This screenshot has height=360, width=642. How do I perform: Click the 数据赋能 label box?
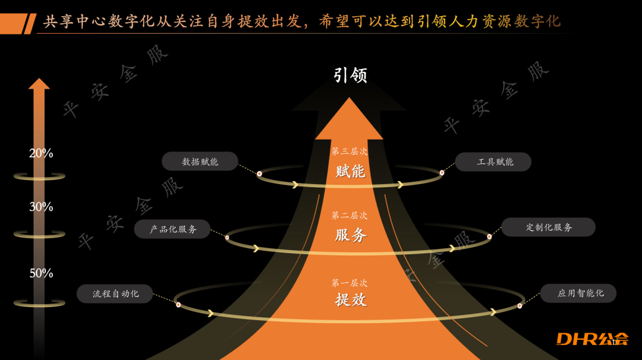point(200,162)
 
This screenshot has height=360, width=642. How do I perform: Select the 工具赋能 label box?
point(493,162)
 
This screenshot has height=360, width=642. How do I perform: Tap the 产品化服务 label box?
point(172,229)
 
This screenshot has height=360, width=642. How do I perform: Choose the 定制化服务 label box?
point(548,227)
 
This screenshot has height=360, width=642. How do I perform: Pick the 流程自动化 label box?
point(115,293)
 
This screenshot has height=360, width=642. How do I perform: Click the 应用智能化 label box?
point(578,293)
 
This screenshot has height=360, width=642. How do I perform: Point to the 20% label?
point(41,153)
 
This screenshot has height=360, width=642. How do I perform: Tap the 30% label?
point(41,207)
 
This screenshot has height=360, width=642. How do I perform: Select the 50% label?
point(41,273)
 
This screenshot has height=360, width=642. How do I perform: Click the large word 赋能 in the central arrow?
point(350,172)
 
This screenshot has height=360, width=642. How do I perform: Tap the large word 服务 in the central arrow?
point(350,235)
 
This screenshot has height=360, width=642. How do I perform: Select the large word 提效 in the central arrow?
point(350,299)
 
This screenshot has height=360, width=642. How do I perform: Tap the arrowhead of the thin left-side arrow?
point(39,84)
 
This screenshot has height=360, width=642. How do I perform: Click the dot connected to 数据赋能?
point(260,173)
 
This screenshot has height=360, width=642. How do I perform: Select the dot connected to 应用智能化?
point(520,306)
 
